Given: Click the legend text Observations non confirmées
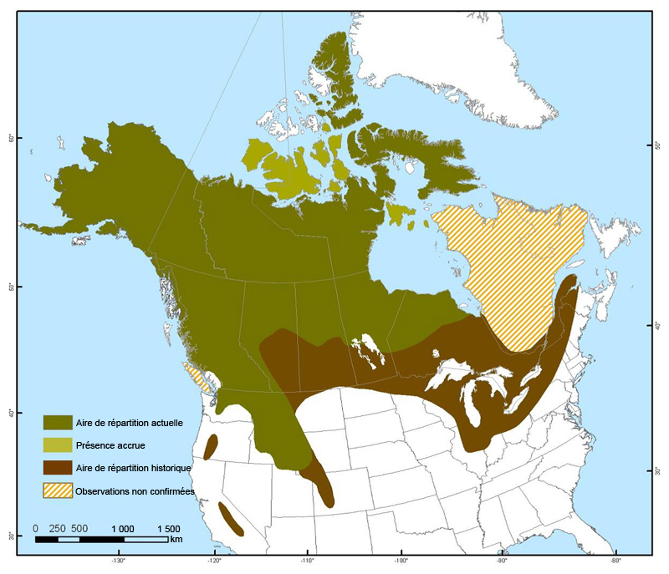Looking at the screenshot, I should tap(135, 491).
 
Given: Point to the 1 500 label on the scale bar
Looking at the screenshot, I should tap(167, 529).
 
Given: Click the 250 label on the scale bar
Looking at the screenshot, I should tap(58, 529).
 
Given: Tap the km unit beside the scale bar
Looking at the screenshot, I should tap(176, 540).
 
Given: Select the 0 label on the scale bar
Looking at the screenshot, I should tap(36, 529).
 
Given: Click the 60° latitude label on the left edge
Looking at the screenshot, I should tap(10, 138).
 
